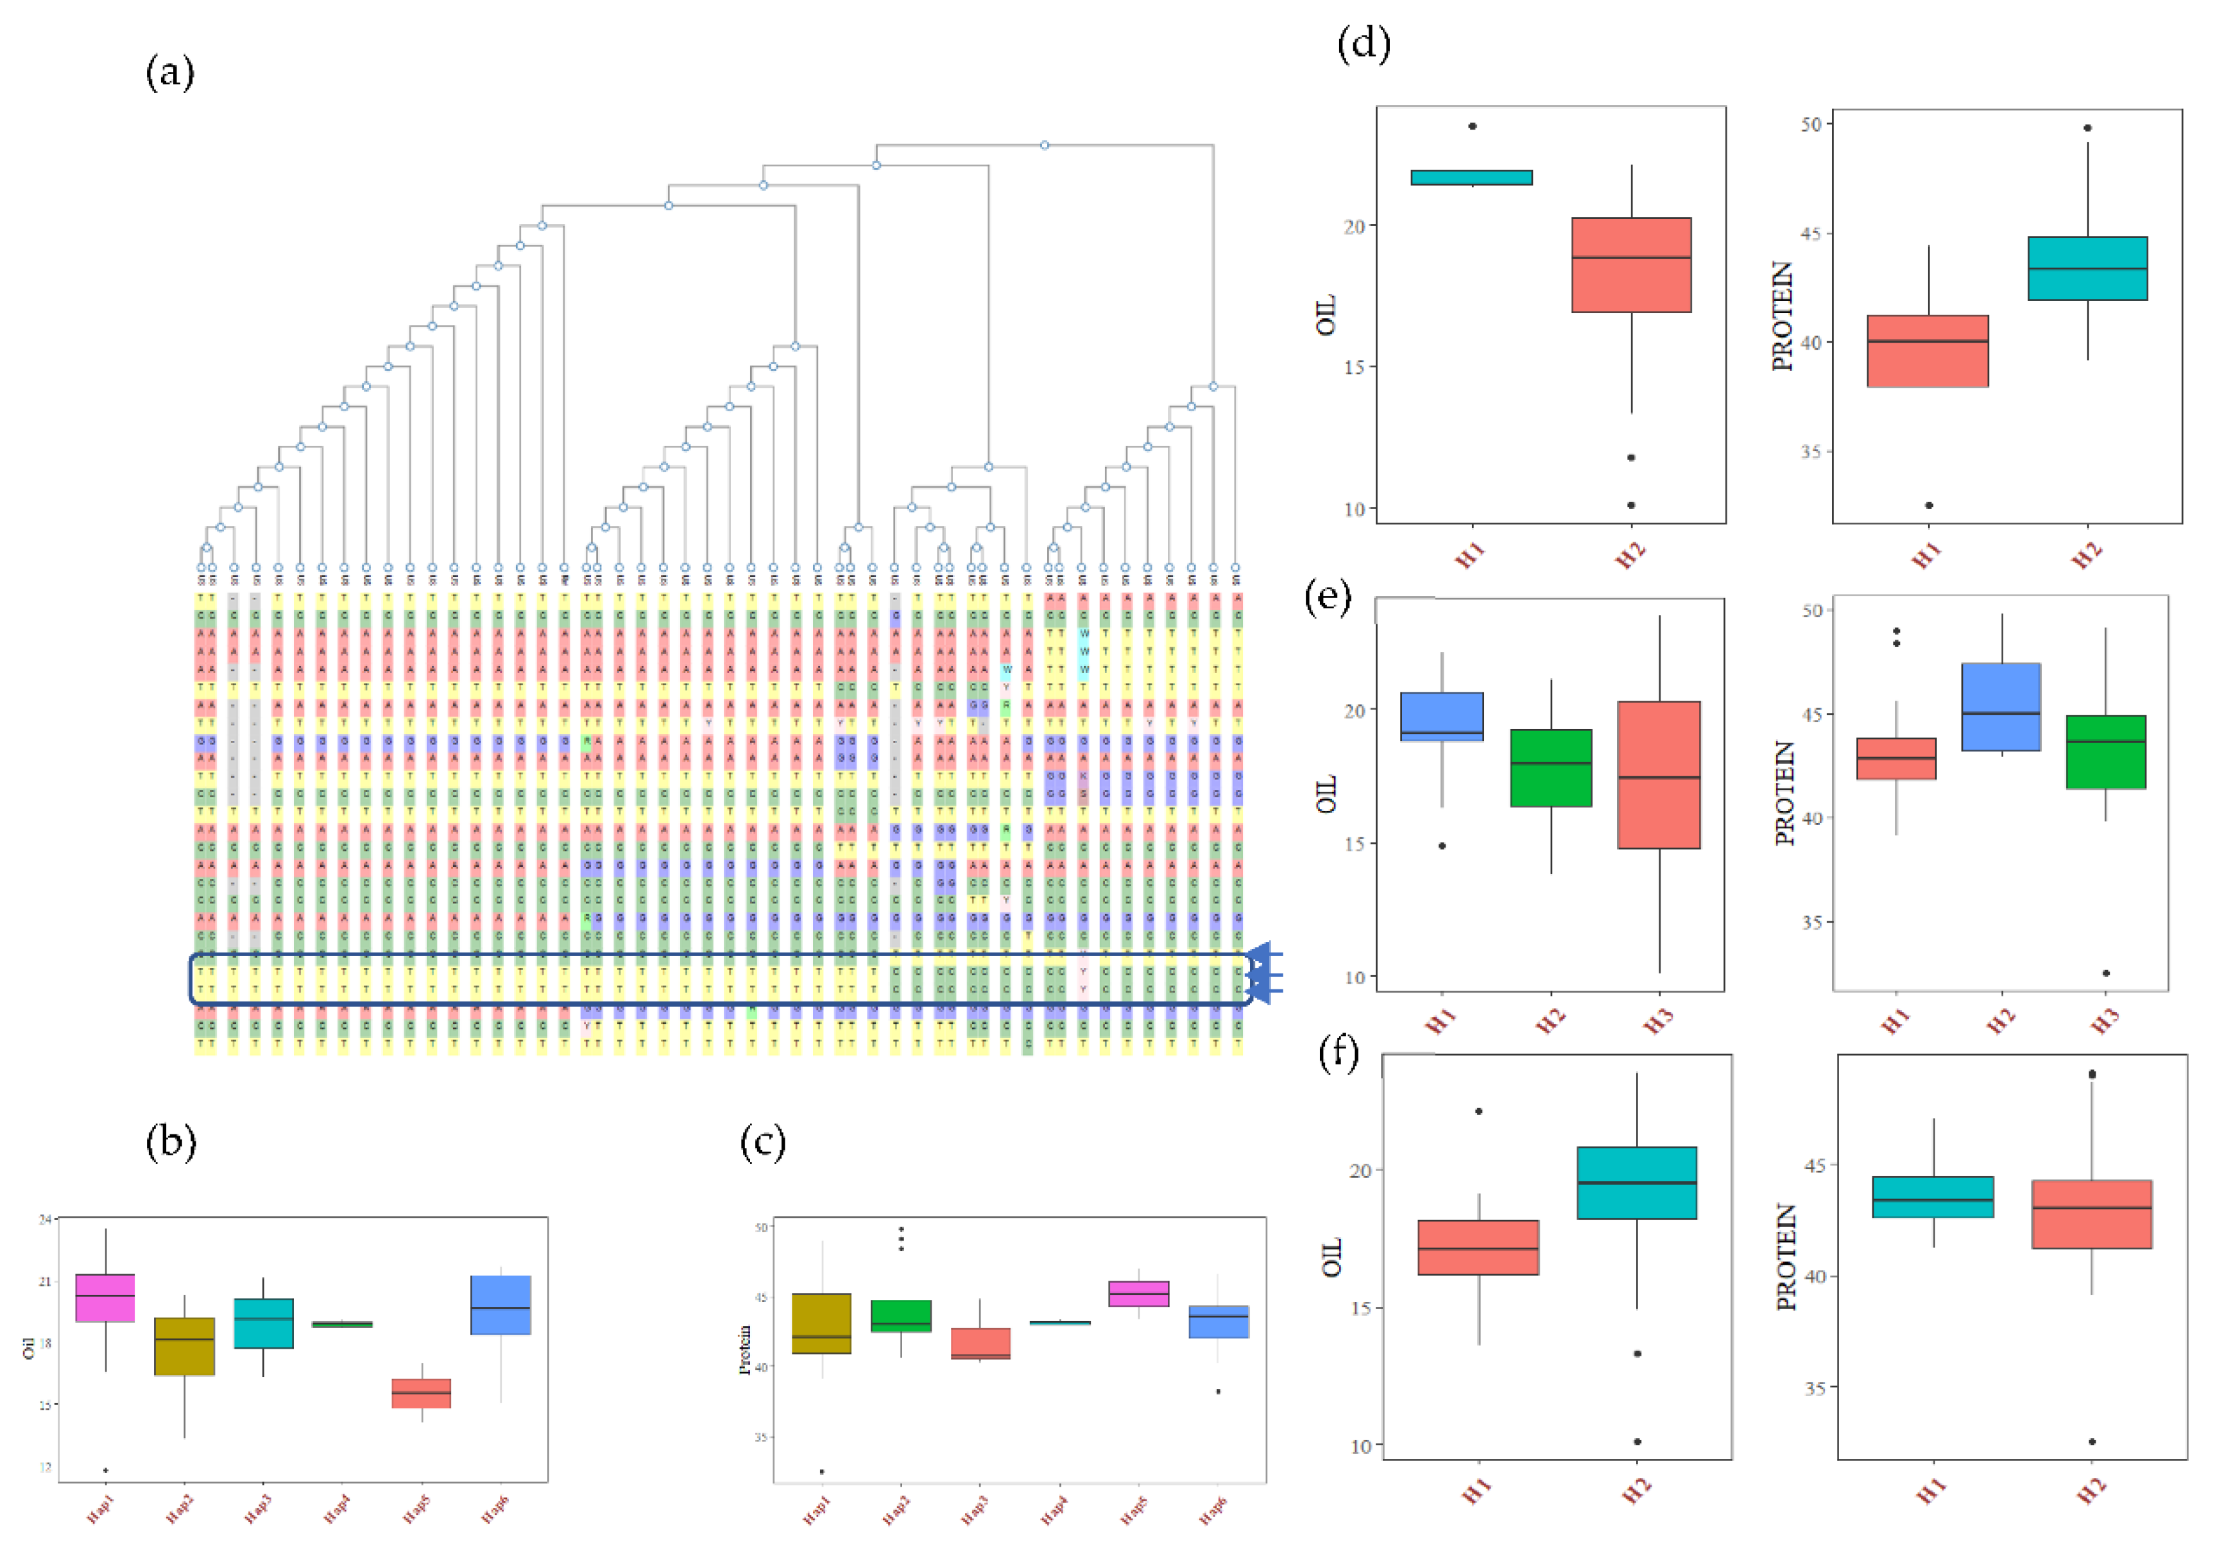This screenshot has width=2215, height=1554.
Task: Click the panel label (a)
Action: click(170, 73)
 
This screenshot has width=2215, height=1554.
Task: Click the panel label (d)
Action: click(1363, 44)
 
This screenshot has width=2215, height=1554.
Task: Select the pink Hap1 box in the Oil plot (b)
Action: click(105, 1297)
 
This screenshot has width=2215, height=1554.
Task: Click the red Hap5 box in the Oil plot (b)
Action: click(421, 1393)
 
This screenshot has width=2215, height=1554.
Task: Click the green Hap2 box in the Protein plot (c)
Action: click(901, 1316)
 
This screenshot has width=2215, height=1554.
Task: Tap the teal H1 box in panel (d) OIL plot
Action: click(1471, 178)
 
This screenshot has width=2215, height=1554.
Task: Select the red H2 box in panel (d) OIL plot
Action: click(1631, 265)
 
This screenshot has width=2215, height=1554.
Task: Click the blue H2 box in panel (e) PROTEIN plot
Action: click(2002, 707)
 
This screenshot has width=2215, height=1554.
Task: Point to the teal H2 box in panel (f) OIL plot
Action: click(1636, 1183)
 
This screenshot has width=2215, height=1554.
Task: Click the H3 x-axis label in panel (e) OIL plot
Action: click(1659, 1020)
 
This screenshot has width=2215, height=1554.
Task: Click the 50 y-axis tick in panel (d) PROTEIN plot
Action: click(1810, 124)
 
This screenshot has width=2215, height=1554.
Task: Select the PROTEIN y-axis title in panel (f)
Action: click(1786, 1257)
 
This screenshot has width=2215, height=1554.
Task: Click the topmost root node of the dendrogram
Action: click(1045, 146)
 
